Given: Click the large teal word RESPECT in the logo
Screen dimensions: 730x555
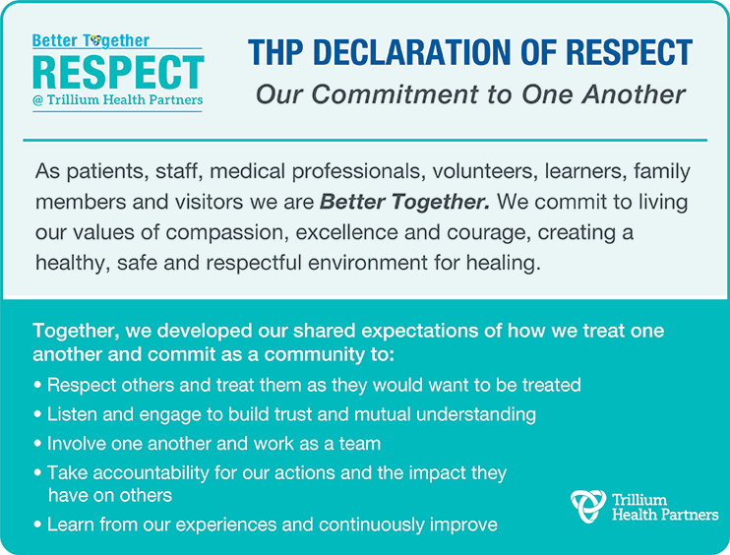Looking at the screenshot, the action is click(x=118, y=72).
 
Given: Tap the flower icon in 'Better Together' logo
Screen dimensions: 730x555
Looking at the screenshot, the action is click(x=95, y=40).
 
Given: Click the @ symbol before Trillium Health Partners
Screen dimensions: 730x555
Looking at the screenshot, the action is click(x=37, y=100).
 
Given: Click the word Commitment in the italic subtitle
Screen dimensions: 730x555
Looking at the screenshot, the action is click(x=395, y=94).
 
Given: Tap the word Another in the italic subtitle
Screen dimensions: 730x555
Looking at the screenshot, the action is click(x=634, y=94).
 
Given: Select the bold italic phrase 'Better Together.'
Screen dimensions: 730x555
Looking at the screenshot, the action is click(x=404, y=202).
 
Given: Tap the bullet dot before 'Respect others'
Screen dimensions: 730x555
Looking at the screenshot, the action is click(x=37, y=386).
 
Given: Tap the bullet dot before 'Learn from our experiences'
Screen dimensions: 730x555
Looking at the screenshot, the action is click(x=37, y=524).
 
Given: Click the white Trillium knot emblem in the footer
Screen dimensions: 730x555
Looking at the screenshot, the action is click(x=588, y=506).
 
